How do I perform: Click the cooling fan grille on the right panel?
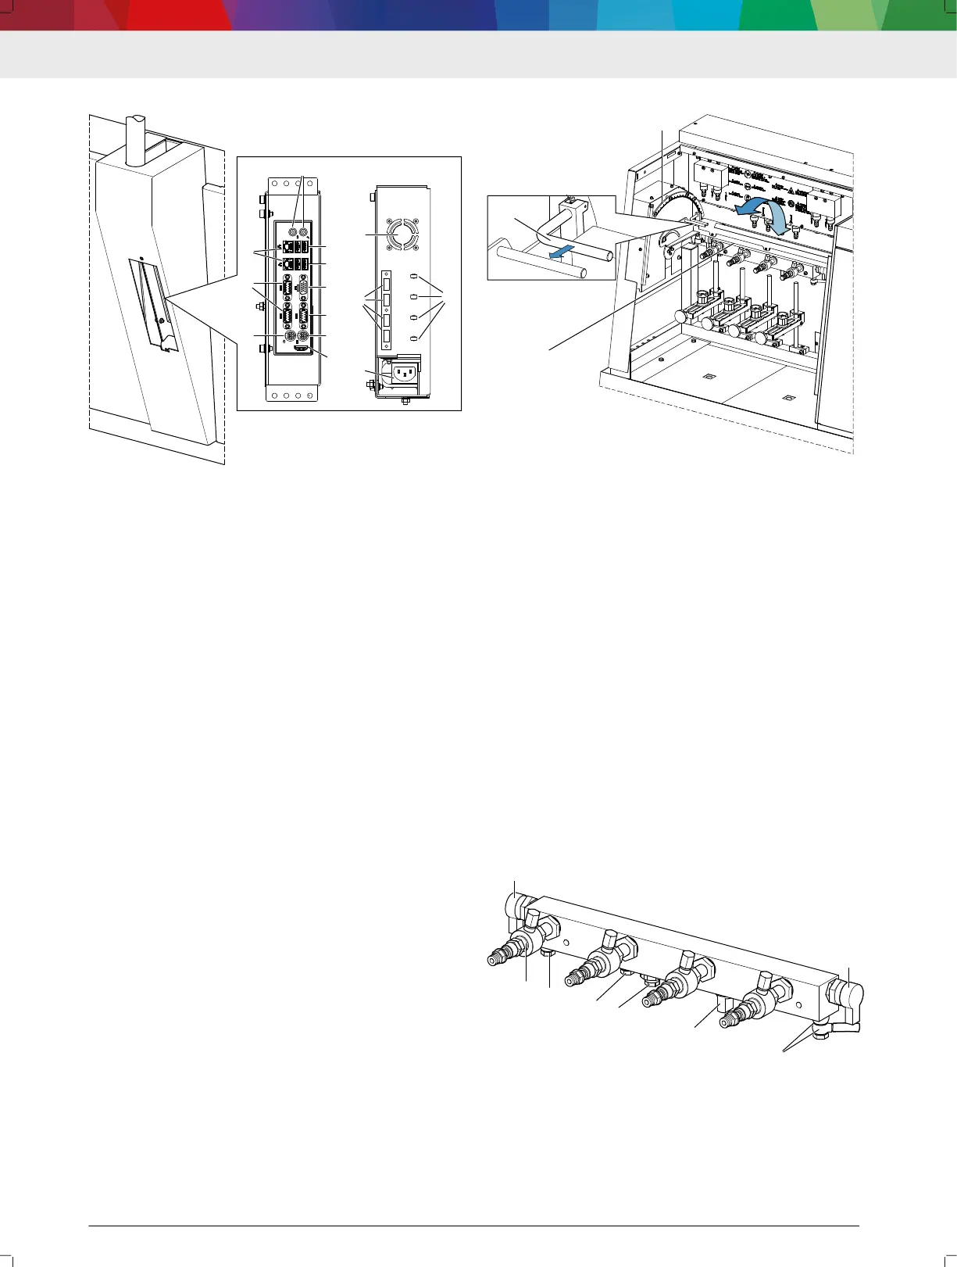tap(401, 234)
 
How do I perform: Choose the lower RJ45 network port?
tap(287, 265)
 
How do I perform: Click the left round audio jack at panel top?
tap(291, 232)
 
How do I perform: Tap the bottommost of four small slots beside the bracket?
tap(414, 338)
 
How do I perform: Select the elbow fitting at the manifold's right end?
tap(847, 997)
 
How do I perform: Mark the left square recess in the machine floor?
tap(708, 377)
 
